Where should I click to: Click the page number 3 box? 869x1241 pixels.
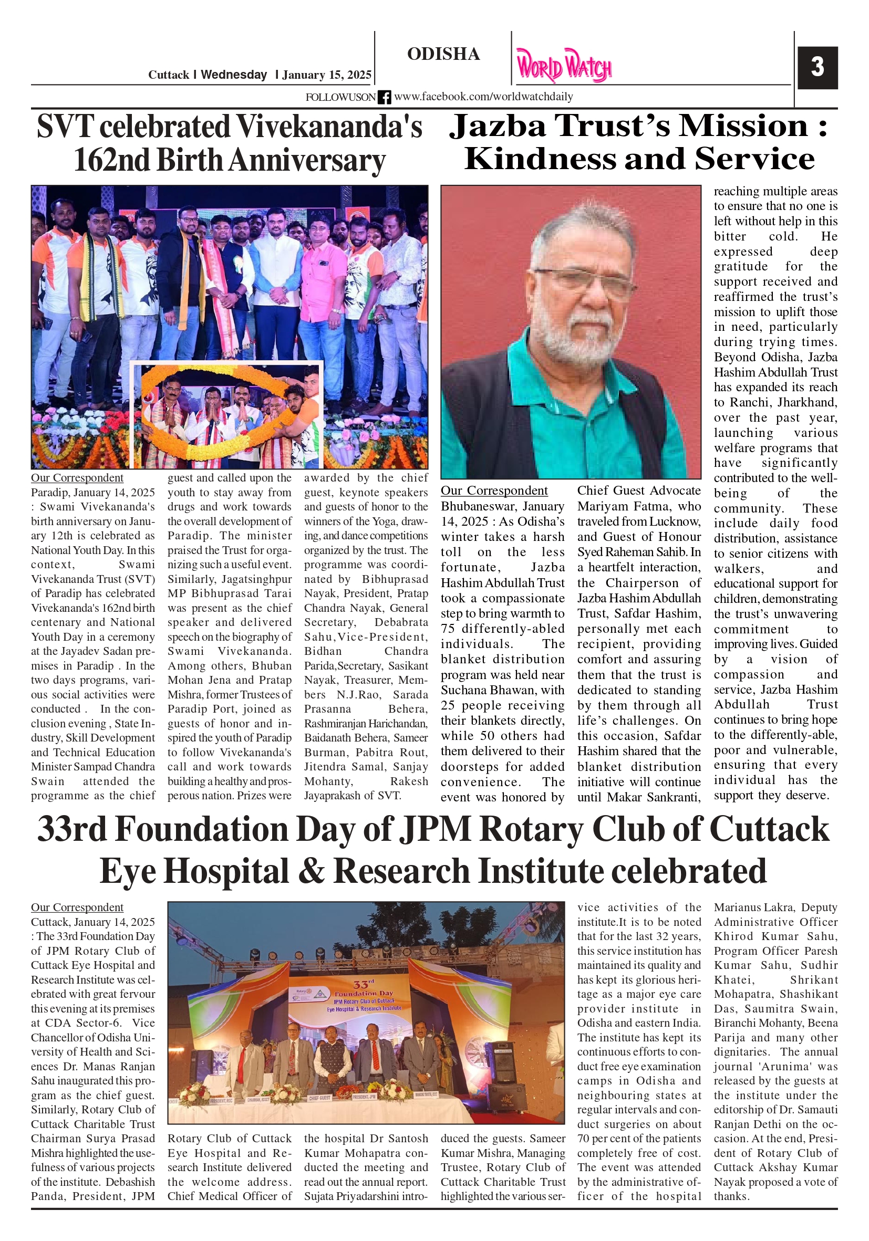(x=817, y=68)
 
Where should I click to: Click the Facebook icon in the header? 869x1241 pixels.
(x=384, y=97)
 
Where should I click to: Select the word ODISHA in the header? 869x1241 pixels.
(x=443, y=54)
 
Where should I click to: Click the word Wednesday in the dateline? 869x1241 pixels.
(x=234, y=75)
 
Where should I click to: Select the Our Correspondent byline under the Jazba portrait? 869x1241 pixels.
(x=494, y=490)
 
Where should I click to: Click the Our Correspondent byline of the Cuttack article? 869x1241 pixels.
(x=77, y=908)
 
